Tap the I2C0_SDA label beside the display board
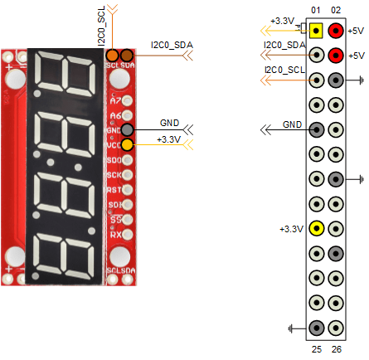[171, 44]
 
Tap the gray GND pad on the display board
[126, 130]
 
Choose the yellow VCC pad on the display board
[126, 144]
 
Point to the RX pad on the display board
[126, 234]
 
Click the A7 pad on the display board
[126, 100]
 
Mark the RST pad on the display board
[126, 189]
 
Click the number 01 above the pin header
[316, 10]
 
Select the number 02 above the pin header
[335, 10]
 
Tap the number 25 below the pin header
[316, 349]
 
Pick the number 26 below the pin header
[335, 349]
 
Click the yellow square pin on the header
[317, 32]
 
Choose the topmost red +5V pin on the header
[335, 32]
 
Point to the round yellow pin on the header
[317, 228]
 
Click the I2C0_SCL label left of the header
[284, 71]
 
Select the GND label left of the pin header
[292, 124]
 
